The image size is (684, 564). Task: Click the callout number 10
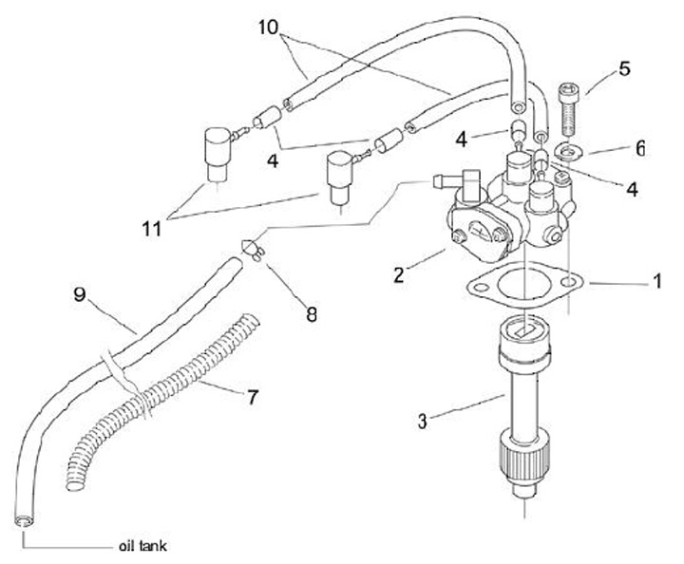coord(268,28)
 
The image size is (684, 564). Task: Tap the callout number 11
coord(151,229)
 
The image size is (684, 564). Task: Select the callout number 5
coord(624,69)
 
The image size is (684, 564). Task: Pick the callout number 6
coord(639,149)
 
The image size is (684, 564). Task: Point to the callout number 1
coord(657,281)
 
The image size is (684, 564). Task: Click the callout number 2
coord(398,275)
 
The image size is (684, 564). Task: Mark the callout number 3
coord(422,422)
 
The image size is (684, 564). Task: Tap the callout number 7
coord(253,398)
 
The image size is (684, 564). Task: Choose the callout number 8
coord(311,314)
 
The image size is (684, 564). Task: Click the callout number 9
coord(79,294)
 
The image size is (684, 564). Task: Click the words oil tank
coord(142,546)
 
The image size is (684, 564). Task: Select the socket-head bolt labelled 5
coord(568,109)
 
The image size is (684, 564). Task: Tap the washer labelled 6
coord(566,153)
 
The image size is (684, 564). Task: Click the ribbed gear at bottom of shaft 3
coord(522,461)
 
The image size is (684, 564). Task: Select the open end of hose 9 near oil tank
coord(25,521)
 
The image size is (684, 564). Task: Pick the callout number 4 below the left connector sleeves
coord(273,161)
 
